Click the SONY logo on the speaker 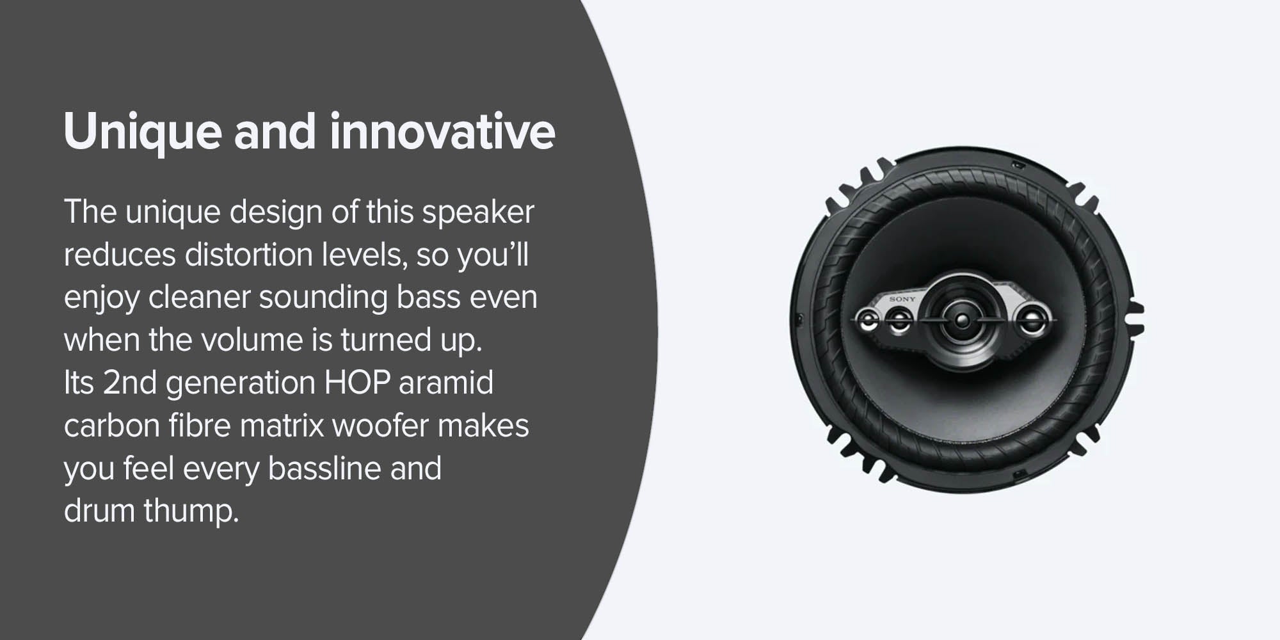click(x=902, y=299)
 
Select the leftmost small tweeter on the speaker click(x=869, y=320)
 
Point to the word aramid click(x=446, y=383)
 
